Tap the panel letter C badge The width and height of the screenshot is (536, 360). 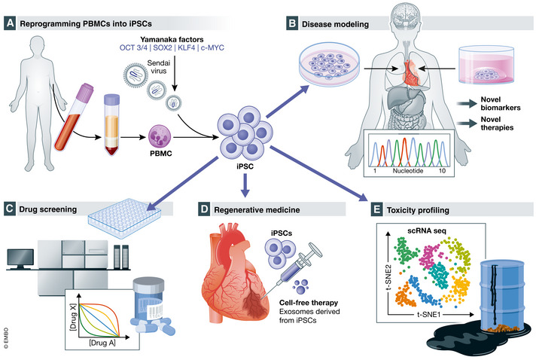[11, 208]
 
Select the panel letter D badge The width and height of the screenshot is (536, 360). [203, 208]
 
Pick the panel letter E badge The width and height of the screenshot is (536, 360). [365, 208]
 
